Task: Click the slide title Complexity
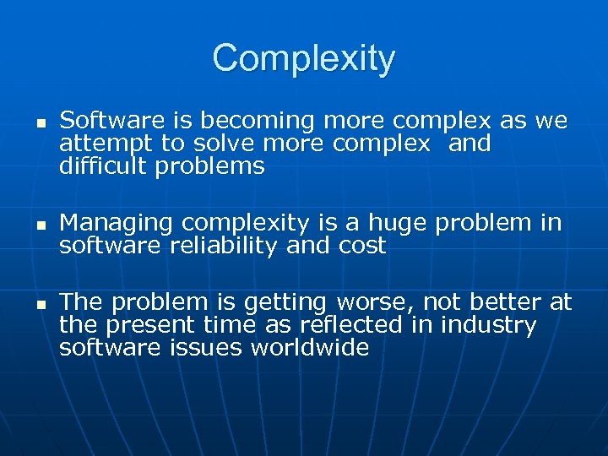point(303,58)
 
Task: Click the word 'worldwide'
point(309,346)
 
